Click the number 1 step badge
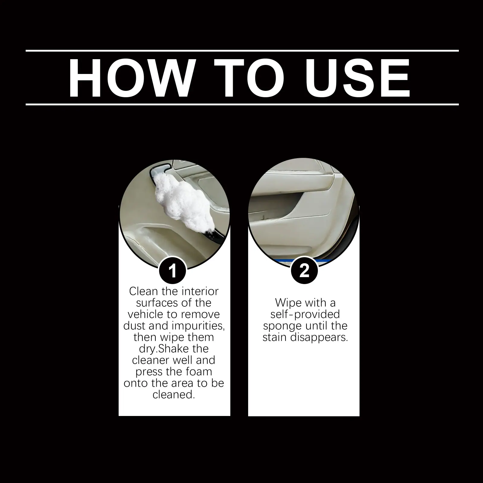172,271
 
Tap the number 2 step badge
304,270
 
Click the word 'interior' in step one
199,291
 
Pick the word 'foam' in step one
198,372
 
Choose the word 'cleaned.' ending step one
173,395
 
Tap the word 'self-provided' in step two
305,314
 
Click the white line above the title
242,50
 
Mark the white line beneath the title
242,104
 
